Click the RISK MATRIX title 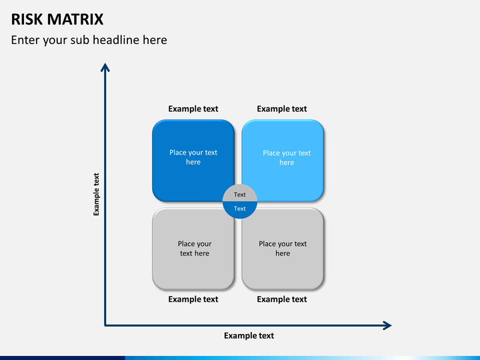pos(57,19)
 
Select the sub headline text pos(89,40)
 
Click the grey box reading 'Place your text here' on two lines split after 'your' pos(193,249)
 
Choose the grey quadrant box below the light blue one pos(283,249)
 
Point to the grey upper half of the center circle pos(240,193)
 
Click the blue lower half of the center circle pos(240,210)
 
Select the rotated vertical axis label pos(97,195)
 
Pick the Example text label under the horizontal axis pos(249,336)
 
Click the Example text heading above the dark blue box pos(193,109)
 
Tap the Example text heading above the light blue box pos(282,109)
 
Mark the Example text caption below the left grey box pos(193,299)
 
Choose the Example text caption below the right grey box pos(282,299)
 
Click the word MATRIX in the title pos(75,19)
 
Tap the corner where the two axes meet pos(105,325)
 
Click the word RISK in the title pos(27,19)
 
